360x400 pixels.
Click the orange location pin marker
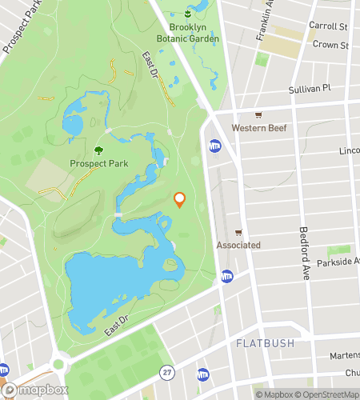pyautogui.click(x=179, y=200)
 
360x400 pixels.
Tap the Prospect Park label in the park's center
pyautogui.click(x=98, y=164)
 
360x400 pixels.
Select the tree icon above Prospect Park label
pyautogui.click(x=98, y=150)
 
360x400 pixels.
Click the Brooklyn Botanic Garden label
pyautogui.click(x=188, y=33)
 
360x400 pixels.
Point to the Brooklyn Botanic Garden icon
pyautogui.click(x=188, y=14)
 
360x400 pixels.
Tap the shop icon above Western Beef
pyautogui.click(x=258, y=114)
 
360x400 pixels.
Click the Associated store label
pyautogui.click(x=238, y=245)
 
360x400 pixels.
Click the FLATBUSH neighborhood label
pyautogui.click(x=265, y=343)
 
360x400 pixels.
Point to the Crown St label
pyautogui.click(x=330, y=46)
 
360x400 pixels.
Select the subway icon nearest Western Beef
pyautogui.click(x=214, y=146)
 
